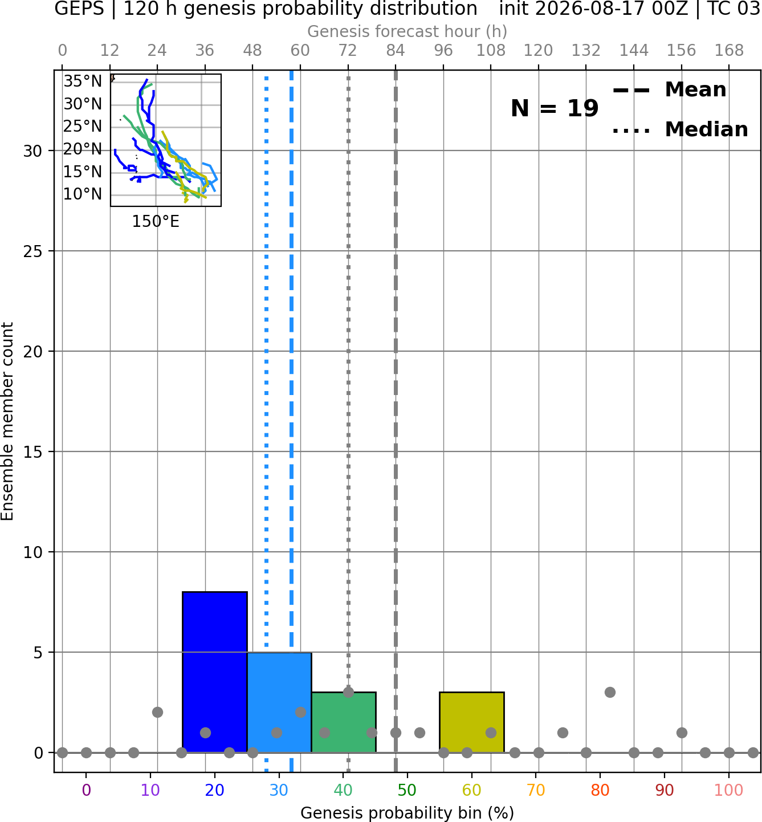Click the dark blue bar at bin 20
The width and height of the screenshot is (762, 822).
tap(215, 672)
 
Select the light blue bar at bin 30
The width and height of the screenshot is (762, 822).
tap(279, 702)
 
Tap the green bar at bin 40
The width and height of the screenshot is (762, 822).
tap(344, 722)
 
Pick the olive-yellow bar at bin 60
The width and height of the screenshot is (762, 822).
tap(472, 722)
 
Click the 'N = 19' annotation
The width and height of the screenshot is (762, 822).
tap(555, 108)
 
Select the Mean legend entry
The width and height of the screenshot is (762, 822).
tap(670, 90)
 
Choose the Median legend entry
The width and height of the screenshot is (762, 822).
tap(680, 129)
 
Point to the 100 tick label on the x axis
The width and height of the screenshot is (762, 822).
tap(729, 790)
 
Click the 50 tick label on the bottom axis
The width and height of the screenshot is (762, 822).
tap(408, 790)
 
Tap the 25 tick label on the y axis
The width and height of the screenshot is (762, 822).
tap(33, 251)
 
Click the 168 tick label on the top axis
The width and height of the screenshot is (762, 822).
tap(729, 51)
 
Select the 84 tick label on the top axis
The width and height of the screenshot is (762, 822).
tap(396, 51)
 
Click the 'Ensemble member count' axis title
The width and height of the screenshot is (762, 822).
tap(7, 421)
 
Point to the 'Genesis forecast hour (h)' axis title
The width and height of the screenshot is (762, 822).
tap(408, 31)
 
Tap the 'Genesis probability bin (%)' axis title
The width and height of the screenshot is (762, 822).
tap(408, 813)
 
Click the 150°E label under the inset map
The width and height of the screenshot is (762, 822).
tap(156, 222)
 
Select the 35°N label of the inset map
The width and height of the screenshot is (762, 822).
tap(83, 82)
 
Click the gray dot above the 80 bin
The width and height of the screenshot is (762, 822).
tap(610, 692)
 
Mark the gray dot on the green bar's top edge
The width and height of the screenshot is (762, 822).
tap(348, 692)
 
